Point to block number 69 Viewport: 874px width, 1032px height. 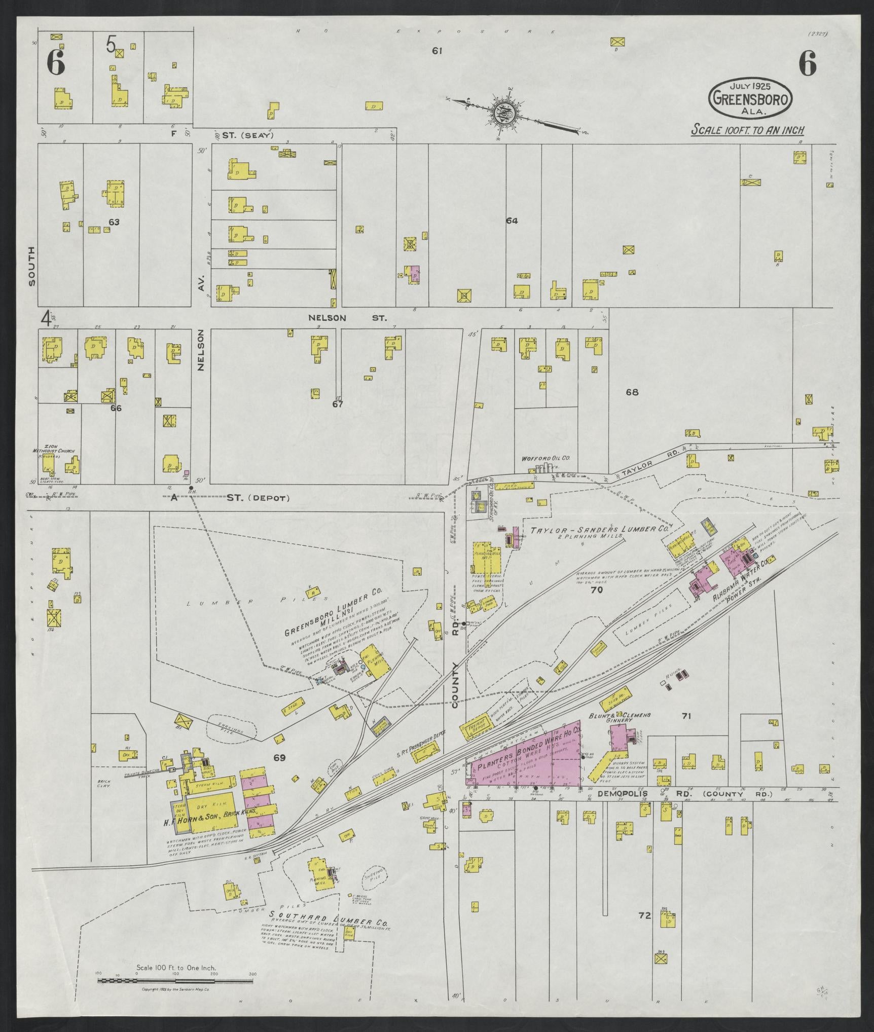click(x=279, y=758)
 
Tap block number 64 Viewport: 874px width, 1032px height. click(x=512, y=220)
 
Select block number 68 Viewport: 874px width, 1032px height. click(x=632, y=392)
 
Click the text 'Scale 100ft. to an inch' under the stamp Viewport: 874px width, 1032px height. click(x=748, y=130)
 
